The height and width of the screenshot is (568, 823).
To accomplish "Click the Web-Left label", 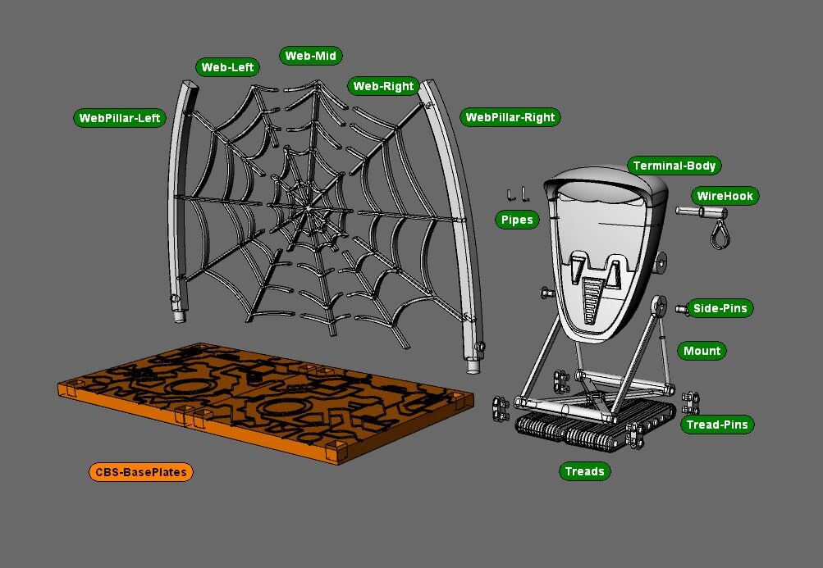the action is (x=227, y=67).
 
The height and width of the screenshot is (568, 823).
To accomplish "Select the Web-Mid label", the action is (x=310, y=56).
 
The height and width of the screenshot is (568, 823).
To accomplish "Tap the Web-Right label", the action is (x=383, y=86).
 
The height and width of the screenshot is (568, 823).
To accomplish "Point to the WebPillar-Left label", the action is (x=120, y=118).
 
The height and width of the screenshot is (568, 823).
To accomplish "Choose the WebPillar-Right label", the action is (x=510, y=117).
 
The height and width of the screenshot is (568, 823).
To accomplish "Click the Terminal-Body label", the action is (x=674, y=166).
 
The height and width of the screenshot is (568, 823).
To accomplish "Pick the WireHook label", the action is (x=725, y=196).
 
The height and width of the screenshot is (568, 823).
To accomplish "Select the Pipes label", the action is (x=517, y=220).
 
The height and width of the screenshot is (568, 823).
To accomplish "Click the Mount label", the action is (x=702, y=351).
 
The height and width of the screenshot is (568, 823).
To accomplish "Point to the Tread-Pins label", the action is (x=717, y=425).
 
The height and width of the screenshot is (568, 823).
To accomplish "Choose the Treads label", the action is (x=584, y=471).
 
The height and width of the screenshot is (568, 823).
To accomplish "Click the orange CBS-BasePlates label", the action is (x=140, y=472).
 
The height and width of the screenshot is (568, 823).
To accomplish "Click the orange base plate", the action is (x=263, y=402).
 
